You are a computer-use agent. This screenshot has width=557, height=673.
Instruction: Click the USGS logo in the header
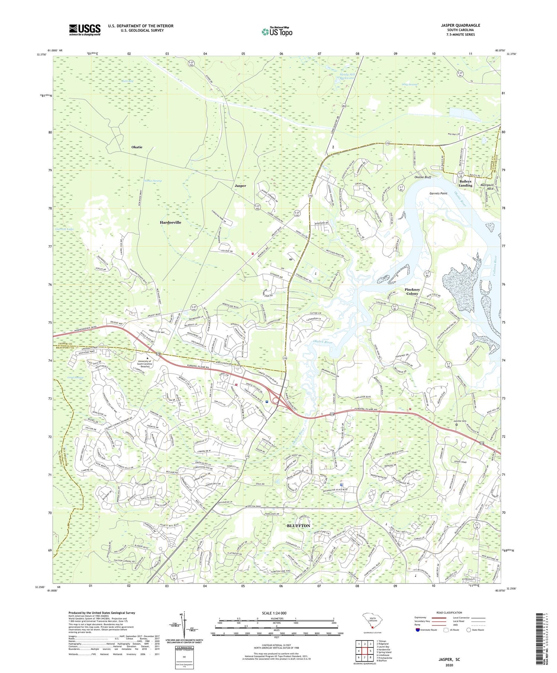[x=85, y=30]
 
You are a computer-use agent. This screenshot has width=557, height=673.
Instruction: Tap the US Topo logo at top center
[x=277, y=32]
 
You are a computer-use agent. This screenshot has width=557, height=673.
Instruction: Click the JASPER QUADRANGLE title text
[x=460, y=25]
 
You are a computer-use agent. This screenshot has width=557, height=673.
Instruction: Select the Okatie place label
[x=137, y=147]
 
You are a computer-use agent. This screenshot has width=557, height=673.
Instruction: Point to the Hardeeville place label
[x=170, y=222]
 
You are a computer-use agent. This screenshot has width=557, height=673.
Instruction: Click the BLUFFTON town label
[x=298, y=526]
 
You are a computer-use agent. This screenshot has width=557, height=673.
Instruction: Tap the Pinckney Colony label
[x=412, y=291]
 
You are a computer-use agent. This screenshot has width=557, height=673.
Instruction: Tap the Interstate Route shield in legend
[x=417, y=630]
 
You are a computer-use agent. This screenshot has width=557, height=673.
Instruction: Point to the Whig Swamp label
[x=410, y=85]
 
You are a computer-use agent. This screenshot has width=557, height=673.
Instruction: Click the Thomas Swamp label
[x=152, y=181]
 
